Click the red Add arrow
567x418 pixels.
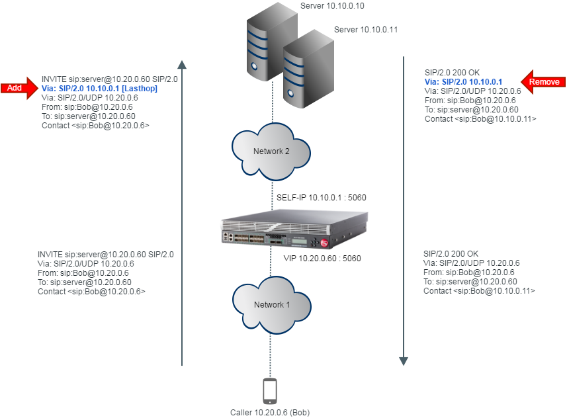19,88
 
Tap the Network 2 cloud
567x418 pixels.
271,151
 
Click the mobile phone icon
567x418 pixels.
270,390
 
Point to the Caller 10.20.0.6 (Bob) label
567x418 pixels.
270,412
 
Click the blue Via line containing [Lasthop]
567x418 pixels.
99,88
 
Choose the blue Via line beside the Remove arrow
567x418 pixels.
463,82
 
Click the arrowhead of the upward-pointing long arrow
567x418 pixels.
183,64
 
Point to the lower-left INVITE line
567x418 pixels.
106,254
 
